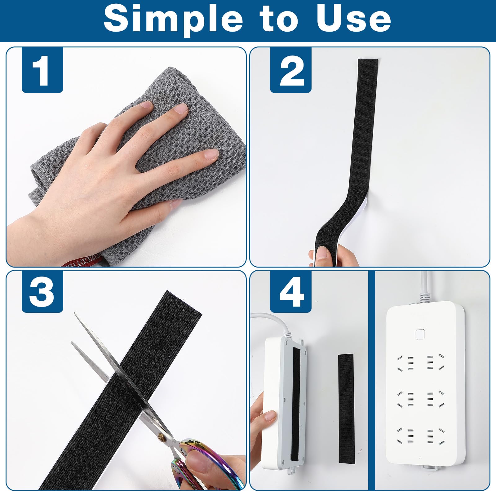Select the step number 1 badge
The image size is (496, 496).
tap(42, 70)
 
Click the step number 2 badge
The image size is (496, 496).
tap(291, 70)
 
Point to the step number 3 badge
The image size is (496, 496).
tap(42, 292)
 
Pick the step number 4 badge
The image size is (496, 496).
tap(291, 292)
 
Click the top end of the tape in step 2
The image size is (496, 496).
tap(368, 62)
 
